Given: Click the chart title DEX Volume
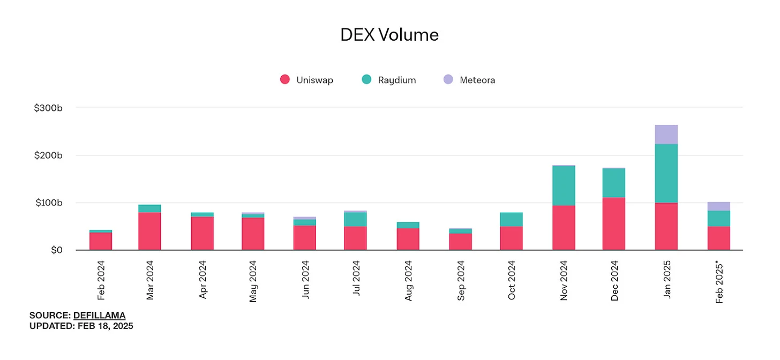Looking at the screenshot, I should pos(389,35).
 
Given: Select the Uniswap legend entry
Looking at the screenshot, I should pos(307,80).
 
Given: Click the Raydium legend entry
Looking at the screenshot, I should pos(389,80).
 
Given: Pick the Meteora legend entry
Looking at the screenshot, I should pos(469,80).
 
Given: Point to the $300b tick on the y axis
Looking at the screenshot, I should pos(48,108).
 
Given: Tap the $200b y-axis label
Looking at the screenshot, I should pos(48,155).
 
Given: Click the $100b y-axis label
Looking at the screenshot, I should pos(48,202).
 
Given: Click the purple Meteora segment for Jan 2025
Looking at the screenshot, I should pos(666,134).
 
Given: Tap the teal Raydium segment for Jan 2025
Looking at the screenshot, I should pos(666,173).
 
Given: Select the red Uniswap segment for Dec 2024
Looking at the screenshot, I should pos(613,224).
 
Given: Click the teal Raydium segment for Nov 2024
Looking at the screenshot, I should pos(564,185).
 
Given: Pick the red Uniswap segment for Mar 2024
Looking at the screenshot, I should pos(149,231).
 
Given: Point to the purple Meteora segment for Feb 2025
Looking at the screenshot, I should pos(718,206).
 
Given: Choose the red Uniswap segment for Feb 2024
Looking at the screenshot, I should pos(101,241).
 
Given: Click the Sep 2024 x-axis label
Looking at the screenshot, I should pos(461,281).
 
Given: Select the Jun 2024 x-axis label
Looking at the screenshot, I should pos(305,281).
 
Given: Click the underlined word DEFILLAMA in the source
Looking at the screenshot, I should pos(99,315).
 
